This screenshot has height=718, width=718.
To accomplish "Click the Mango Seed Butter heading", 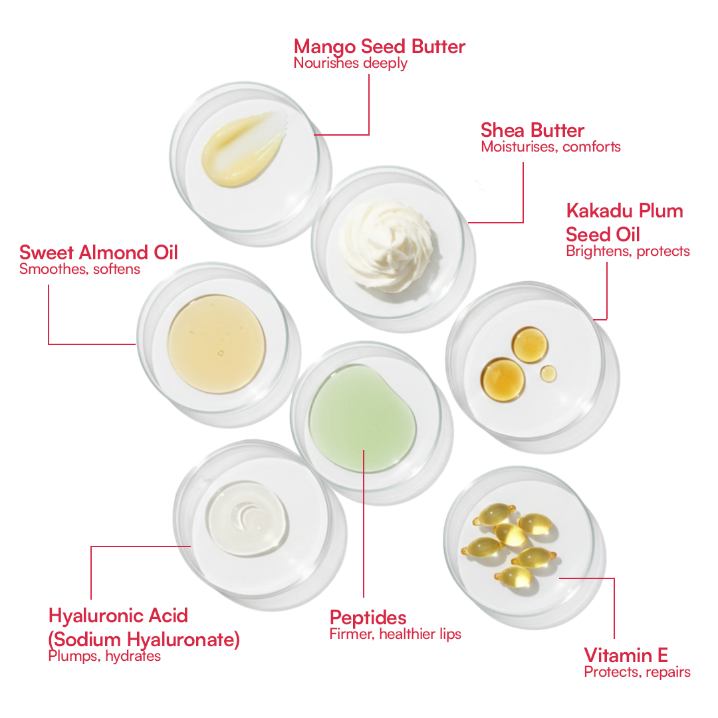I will (x=379, y=47).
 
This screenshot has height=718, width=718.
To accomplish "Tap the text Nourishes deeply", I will (x=350, y=64).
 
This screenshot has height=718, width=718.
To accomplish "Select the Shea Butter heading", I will (x=533, y=130).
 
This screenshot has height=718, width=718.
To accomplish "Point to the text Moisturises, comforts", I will (x=550, y=147).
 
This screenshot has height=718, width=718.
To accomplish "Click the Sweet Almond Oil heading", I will (x=98, y=253).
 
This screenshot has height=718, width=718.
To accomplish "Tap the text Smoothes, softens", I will (x=80, y=269).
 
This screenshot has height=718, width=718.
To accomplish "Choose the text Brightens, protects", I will (x=628, y=251).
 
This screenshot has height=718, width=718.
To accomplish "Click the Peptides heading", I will (x=368, y=617).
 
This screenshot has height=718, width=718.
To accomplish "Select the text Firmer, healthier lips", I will (x=395, y=634).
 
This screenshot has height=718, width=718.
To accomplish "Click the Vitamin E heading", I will (x=626, y=655).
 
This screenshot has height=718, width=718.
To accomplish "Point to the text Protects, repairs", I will (x=637, y=672).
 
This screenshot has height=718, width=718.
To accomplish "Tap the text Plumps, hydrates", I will (x=104, y=656).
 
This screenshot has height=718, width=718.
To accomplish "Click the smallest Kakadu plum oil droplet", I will (x=548, y=374).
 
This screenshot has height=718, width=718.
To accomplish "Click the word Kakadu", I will (x=593, y=211).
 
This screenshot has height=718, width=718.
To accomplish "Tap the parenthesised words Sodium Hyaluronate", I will (x=144, y=640).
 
